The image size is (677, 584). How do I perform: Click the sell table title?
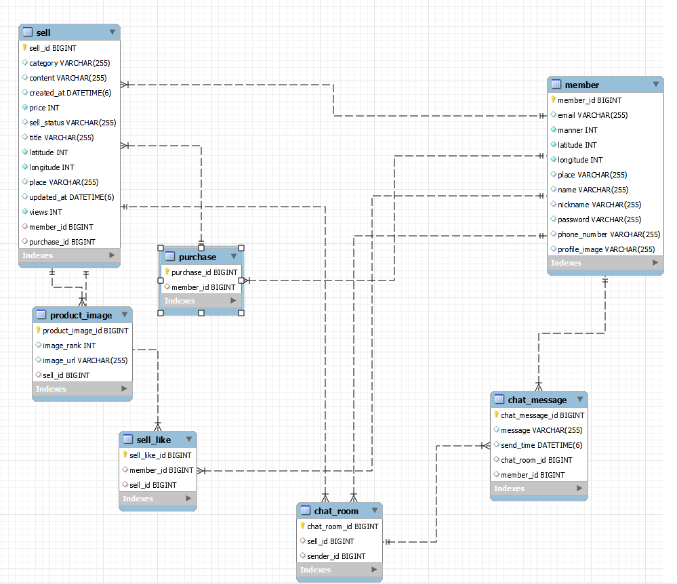43,33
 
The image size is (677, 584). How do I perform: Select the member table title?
581,85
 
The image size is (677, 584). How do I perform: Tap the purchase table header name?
197,257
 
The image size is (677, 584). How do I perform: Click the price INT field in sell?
44,108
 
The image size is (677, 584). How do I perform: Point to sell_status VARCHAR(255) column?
73,123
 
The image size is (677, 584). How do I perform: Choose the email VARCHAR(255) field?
592,115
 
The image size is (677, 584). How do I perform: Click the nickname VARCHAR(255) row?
599,205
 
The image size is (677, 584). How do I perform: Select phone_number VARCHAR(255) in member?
609,234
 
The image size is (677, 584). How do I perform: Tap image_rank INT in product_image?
69,346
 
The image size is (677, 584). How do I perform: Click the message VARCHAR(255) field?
541,430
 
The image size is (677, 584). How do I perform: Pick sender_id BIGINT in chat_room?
336,556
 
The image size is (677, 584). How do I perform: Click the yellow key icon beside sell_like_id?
125,455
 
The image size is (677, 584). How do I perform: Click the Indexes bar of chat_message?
539,488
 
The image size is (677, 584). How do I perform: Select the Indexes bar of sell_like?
158,499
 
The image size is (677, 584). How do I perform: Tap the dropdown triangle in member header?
656,84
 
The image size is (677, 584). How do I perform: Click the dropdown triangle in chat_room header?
375,510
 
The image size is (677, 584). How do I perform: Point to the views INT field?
45,212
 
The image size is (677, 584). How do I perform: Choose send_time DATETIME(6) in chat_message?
541,445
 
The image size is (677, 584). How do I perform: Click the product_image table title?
81,316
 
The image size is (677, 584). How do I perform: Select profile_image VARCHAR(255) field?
607,249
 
